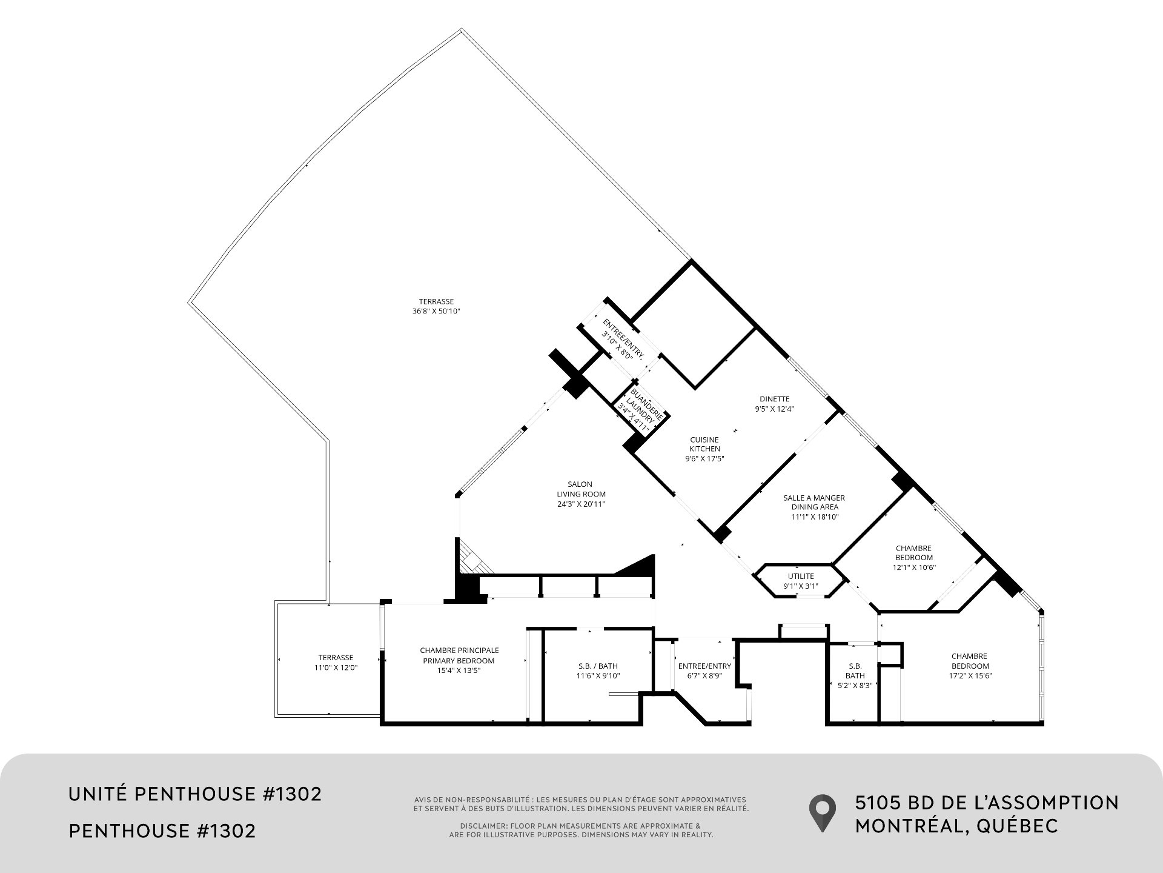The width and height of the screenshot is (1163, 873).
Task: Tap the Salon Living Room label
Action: [x=581, y=494]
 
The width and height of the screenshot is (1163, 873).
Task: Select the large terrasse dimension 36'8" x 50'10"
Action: [x=436, y=311]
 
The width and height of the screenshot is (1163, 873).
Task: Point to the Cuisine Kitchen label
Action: [x=704, y=449]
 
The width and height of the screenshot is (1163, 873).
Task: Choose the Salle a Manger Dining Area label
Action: [x=814, y=507]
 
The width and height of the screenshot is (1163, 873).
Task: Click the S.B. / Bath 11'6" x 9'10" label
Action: [x=598, y=671]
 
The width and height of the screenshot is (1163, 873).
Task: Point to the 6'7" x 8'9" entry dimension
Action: [x=704, y=675]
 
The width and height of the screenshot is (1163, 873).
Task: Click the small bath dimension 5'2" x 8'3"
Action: [x=855, y=685]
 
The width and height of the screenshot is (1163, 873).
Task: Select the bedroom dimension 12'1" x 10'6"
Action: [x=914, y=567]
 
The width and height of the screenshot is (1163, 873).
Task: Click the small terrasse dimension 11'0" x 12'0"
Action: [x=336, y=667]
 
